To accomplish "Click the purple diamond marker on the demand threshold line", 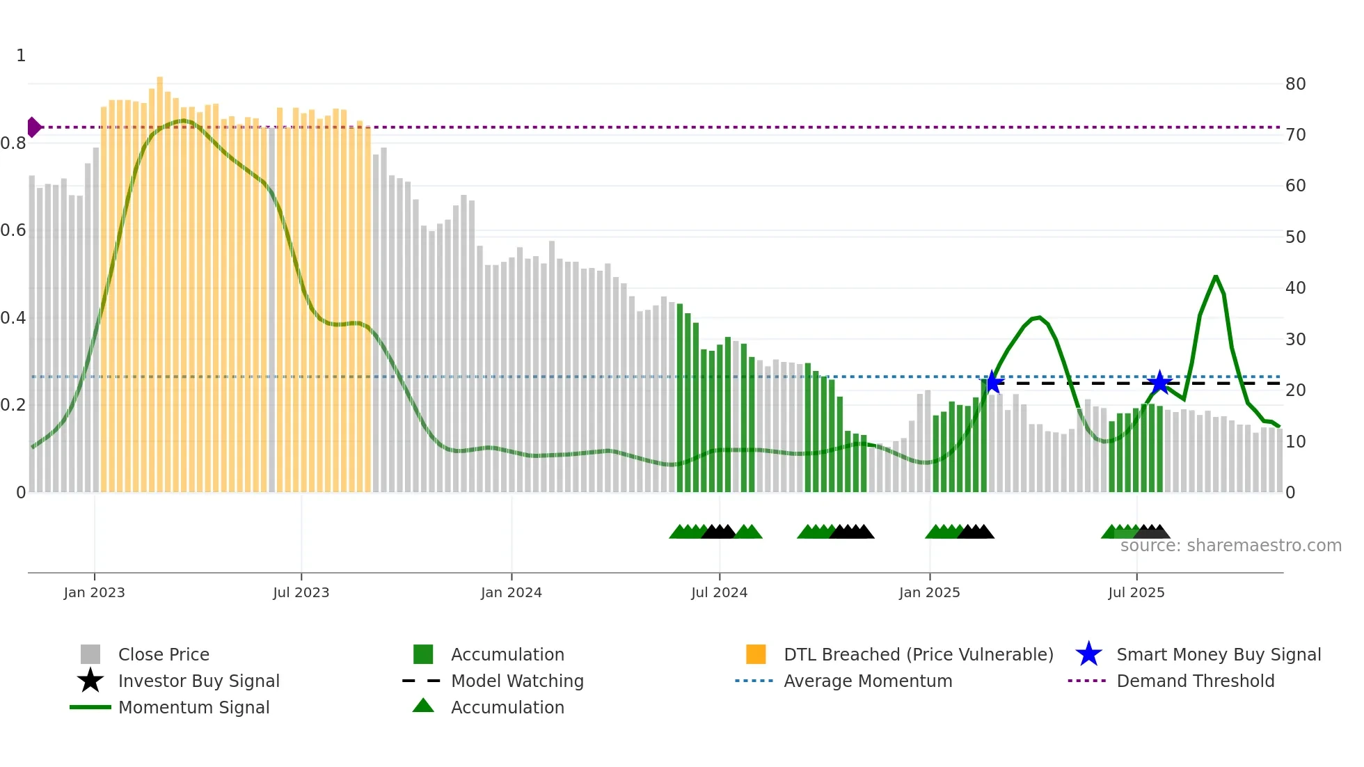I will click(33, 127).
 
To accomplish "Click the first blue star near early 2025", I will click(992, 382).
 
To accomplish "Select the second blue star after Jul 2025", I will click(1159, 382).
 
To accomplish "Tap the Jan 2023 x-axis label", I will click(94, 592).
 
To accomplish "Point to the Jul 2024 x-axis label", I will click(719, 592).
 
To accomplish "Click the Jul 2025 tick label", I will click(1136, 592).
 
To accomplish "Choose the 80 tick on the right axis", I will click(1295, 84).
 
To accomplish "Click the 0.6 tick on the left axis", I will click(13, 230).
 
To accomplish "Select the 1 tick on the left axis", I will click(21, 56).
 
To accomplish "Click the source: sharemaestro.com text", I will click(1230, 546).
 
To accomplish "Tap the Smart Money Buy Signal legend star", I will click(1088, 654).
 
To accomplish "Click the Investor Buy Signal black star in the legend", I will click(90, 681).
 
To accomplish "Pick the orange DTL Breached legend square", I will click(756, 654).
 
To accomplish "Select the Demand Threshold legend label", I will click(1195, 681).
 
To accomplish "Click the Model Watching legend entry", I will click(517, 681).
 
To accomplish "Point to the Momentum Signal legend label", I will click(193, 707).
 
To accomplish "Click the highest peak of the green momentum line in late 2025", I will click(1216, 276).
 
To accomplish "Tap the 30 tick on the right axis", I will click(1295, 339).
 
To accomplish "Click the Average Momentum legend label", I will click(868, 681).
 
